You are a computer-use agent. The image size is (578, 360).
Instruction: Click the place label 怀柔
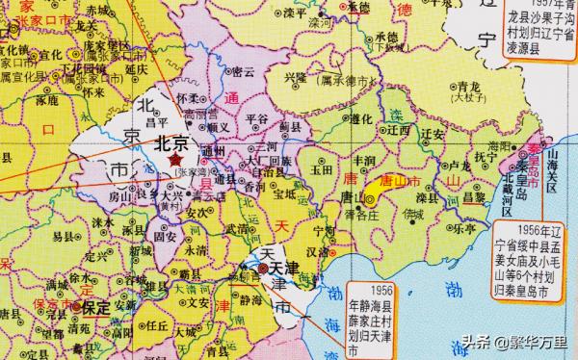[x=189, y=99]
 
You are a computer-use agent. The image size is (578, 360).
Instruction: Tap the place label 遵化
[x=361, y=118]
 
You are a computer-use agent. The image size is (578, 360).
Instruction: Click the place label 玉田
[x=321, y=167]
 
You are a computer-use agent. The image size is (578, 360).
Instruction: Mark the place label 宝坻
[x=285, y=192]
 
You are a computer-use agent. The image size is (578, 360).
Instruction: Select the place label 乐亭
[x=452, y=226]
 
